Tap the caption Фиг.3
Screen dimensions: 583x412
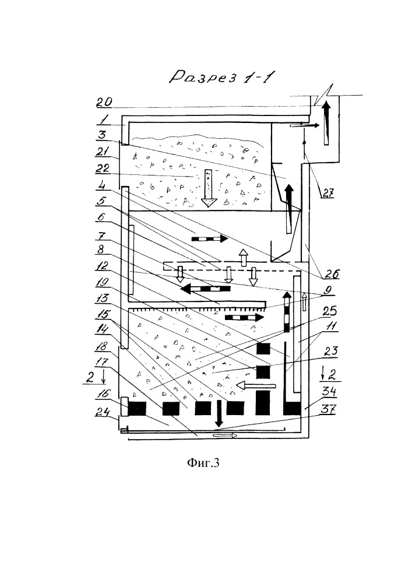[x=204, y=463]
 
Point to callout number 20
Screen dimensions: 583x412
[x=104, y=102]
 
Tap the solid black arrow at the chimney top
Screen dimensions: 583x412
[x=328, y=123]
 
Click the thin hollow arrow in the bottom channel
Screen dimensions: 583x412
[x=225, y=435]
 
